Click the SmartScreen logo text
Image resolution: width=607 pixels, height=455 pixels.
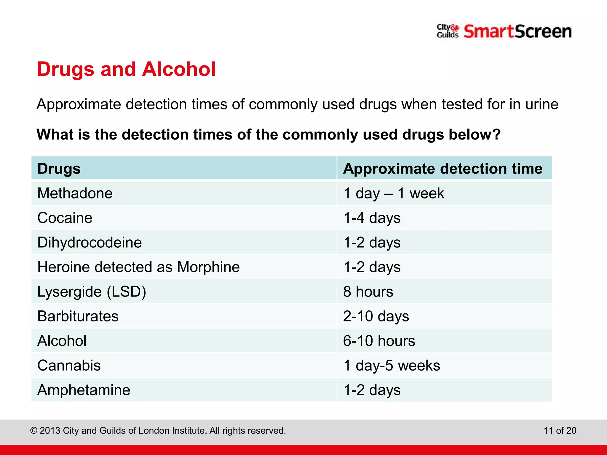coord(517,32)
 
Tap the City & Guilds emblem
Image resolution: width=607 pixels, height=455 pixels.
coord(448,31)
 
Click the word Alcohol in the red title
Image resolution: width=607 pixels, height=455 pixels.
coord(179,69)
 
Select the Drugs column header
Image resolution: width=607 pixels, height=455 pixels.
coord(59,169)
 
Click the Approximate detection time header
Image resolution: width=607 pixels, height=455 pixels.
coord(443,169)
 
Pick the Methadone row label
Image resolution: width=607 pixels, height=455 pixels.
coord(75,193)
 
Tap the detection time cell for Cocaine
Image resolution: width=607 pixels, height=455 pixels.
coord(372,218)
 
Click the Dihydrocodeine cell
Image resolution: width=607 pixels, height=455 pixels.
coord(90,243)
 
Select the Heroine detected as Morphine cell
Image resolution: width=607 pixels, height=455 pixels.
coord(138,267)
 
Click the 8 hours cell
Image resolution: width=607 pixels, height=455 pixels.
coord(368,292)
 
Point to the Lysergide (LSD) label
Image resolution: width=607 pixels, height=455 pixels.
coord(92,292)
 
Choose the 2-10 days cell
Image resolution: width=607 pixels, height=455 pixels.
coord(376,316)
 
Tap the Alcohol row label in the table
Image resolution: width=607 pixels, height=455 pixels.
coord(62,341)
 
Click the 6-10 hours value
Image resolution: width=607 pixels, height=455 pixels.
coord(379,341)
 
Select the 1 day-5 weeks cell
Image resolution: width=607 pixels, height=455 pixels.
coord(392,366)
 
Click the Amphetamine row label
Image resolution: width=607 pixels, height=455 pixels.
coord(84,390)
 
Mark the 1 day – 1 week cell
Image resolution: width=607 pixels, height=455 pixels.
coord(394,193)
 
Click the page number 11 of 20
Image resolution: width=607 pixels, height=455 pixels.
coord(560,430)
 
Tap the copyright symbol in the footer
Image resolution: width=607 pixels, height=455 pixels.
coord(34,430)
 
